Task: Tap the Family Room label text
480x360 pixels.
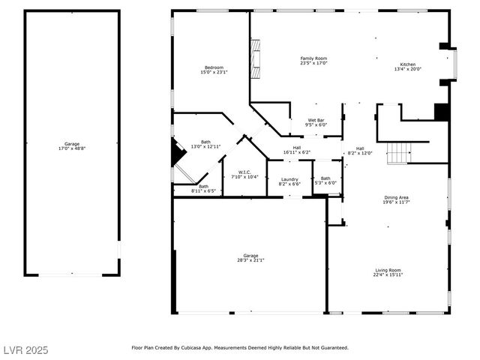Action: tap(313, 58)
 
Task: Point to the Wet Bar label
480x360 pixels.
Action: tap(316, 121)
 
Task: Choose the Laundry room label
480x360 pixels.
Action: tap(289, 179)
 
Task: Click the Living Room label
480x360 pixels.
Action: tap(388, 270)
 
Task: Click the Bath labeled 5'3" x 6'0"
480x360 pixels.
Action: tap(325, 180)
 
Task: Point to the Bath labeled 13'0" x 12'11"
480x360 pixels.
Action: tap(205, 144)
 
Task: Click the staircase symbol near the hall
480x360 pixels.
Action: tap(397, 153)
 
